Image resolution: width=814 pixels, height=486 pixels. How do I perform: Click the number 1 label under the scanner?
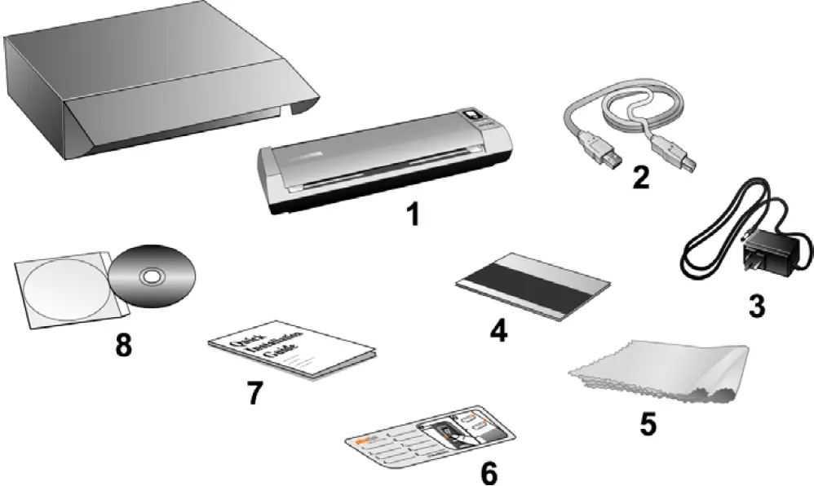pos(414,214)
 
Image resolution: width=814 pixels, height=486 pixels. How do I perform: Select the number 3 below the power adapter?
pos(756,306)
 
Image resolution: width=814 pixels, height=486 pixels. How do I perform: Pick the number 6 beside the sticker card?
pos(488,471)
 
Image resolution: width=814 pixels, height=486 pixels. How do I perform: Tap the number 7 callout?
pos(255,391)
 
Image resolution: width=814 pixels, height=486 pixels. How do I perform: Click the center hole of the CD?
pos(152,278)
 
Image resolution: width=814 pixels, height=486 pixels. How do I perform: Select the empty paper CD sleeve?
pos(61,289)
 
